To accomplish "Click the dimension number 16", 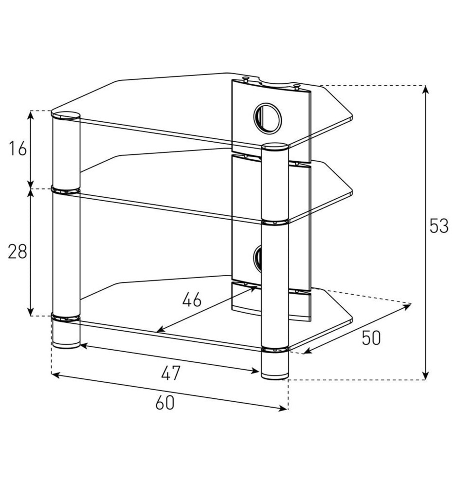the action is click(18, 148).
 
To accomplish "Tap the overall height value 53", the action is click(439, 226).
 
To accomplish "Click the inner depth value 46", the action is click(192, 300).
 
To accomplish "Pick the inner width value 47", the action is click(170, 373).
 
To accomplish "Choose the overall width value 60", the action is click(165, 403).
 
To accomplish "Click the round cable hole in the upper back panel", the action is click(268, 118).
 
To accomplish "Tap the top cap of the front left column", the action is click(66, 115).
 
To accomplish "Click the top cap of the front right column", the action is click(275, 146).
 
